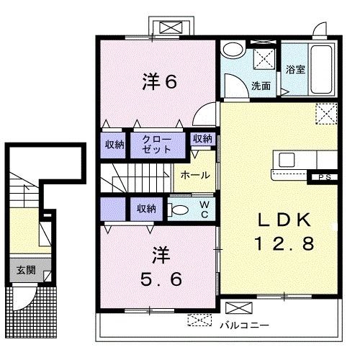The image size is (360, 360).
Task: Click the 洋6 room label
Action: coord(161,81)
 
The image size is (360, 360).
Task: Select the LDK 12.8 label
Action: coord(283,232)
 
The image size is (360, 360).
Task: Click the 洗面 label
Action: coord(261,85)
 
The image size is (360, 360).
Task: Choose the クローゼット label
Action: coord(157,143)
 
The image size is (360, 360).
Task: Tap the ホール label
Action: coord(195,175)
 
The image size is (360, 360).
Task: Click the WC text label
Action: coord(204,210)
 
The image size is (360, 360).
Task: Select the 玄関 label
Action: coord(24,272)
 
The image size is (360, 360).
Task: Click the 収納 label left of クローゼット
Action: coord(114,145)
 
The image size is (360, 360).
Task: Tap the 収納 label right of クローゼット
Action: coord(202,139)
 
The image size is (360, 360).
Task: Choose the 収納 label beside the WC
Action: coord(147,209)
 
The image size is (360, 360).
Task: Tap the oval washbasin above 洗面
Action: coord(232,50)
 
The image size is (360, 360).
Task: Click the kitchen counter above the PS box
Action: coord(296,162)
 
